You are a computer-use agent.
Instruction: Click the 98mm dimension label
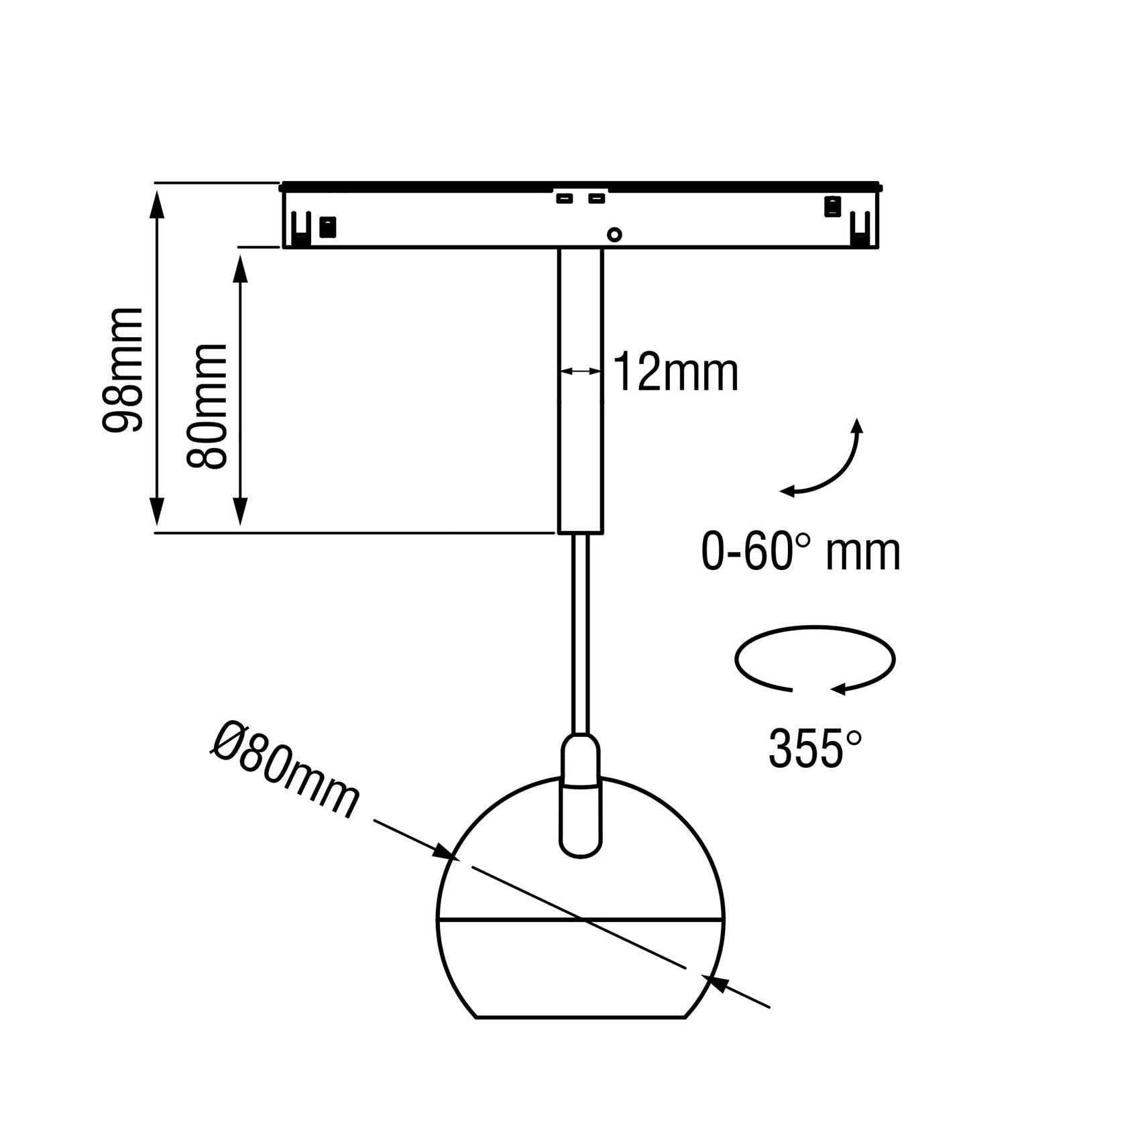click(123, 370)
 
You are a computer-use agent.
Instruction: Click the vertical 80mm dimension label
click(207, 406)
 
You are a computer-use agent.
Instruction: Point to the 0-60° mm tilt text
click(801, 551)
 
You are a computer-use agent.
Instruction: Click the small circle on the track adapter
click(614, 235)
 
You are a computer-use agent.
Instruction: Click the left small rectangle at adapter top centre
click(565, 198)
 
